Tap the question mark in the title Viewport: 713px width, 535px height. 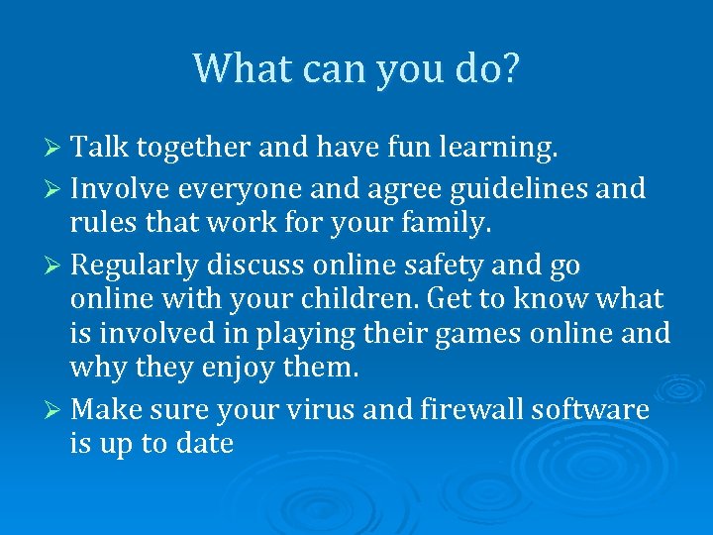(x=508, y=68)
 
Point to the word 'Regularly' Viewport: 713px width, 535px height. (x=138, y=267)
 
